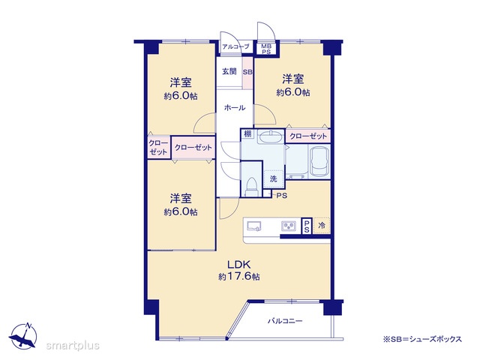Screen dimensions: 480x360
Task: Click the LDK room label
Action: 239,265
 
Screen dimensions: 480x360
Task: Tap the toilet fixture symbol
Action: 253,186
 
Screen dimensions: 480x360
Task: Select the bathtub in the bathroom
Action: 319,162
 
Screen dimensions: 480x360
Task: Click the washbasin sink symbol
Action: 270,136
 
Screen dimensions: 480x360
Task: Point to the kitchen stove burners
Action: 288,226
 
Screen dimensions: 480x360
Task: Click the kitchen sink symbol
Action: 254,226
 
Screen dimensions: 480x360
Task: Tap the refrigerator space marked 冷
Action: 322,226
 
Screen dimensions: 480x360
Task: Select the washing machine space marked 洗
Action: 274,178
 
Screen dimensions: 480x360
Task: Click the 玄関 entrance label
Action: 229,72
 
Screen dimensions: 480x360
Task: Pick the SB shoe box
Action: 247,72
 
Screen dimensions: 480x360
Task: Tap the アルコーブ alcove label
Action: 235,46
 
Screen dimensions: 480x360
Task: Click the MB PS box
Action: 266,49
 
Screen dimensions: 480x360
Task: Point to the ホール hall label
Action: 235,108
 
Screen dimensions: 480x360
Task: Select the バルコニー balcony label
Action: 285,321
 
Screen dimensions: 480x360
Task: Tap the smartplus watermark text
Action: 73,346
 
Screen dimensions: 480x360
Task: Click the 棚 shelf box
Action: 247,133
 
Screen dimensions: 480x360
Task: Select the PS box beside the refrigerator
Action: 307,226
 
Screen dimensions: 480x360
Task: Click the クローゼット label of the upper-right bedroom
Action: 308,136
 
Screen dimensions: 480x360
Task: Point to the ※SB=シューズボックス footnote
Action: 422,339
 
